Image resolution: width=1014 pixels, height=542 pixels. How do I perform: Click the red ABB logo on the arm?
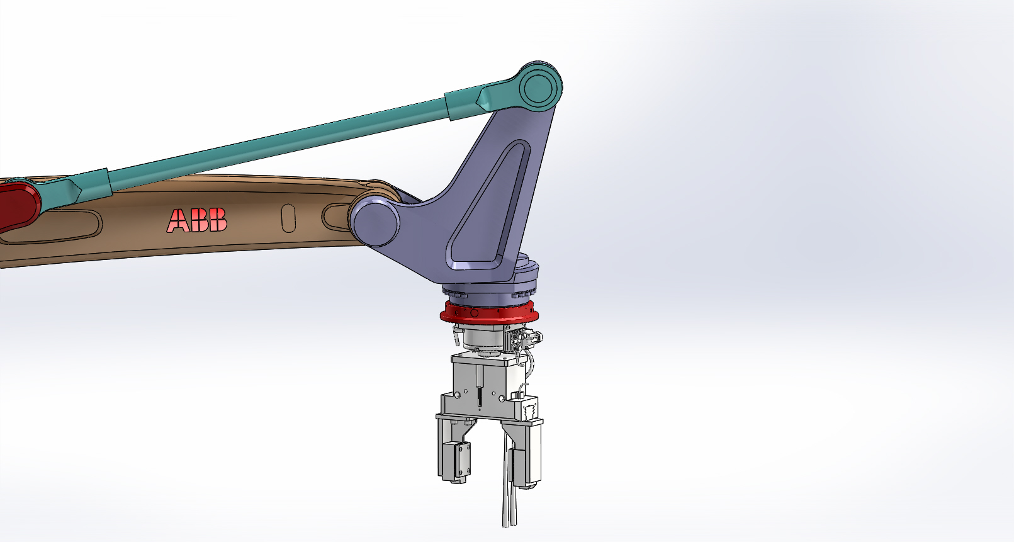(x=197, y=220)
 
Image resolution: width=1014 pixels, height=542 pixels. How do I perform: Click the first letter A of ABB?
(x=178, y=221)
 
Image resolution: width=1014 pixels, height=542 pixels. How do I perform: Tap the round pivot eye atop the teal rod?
(x=540, y=86)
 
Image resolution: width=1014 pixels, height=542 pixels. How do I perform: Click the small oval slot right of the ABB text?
(x=288, y=218)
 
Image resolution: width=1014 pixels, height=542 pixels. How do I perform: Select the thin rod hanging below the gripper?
(x=509, y=497)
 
